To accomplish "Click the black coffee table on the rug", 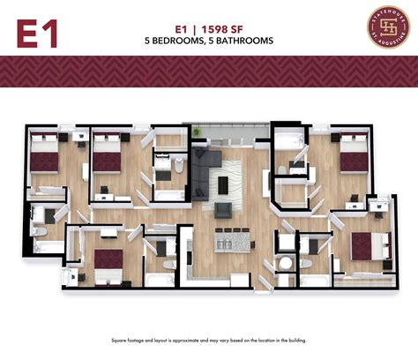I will [x=223, y=184].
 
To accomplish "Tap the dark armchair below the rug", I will [x=223, y=209].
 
